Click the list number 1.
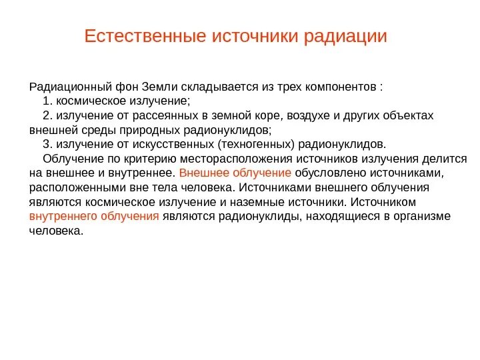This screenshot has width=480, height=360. point(46,101)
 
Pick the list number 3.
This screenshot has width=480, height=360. point(46,144)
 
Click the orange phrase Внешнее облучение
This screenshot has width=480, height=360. point(235,173)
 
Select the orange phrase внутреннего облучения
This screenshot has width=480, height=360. point(94,216)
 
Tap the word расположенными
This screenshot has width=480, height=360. point(70,187)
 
